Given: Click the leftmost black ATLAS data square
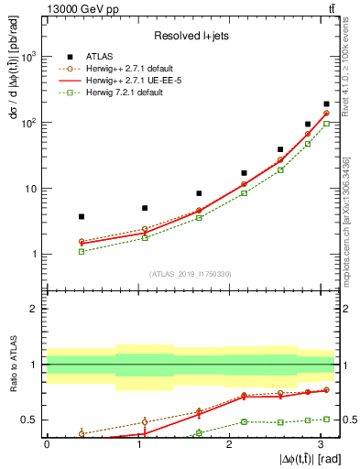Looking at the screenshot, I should pos(82,216).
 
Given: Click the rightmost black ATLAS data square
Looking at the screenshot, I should pos(326,104).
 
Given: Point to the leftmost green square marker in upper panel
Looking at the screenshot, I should pos(82,251).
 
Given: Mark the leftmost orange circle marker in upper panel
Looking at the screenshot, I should pos(82,242).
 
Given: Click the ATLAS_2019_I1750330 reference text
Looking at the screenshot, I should pos(191,274).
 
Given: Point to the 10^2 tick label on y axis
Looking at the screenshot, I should pos(28,123).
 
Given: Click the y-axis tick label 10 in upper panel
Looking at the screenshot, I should pos(31,189).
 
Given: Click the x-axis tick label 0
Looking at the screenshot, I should pos(47,444).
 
